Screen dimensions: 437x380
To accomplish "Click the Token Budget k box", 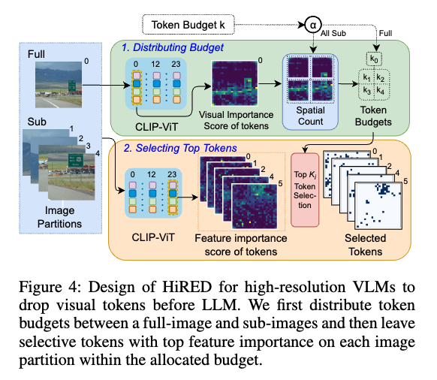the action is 188,25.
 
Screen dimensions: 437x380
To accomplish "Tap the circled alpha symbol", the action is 313,25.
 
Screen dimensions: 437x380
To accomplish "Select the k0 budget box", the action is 374,59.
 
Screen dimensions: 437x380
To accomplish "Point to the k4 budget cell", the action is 381,91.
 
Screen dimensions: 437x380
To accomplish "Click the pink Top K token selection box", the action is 305,189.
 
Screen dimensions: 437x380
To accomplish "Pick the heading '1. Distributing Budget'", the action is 173,47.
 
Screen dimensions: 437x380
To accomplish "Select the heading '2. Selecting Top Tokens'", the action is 180,148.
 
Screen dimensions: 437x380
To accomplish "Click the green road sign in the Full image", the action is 72,86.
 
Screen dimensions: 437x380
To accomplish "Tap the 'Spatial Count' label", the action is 310,116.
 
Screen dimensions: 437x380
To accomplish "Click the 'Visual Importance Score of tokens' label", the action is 236,120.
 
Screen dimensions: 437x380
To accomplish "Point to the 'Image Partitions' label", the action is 59,217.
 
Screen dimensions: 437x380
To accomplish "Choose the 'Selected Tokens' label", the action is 365,245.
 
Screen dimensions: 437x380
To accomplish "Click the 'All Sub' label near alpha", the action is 333,34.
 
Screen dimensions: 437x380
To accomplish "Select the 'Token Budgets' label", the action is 373,116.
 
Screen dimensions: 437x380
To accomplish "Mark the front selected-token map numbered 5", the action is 378,206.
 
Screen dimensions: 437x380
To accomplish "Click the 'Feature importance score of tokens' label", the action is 241,245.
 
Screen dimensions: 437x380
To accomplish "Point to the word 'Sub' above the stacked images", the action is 37,122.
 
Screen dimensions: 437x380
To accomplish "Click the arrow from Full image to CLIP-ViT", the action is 106,85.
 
